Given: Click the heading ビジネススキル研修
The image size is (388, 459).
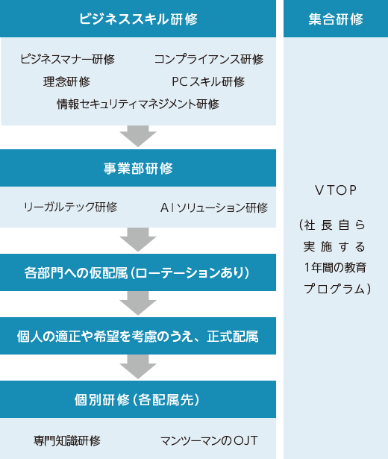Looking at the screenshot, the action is tap(138, 19).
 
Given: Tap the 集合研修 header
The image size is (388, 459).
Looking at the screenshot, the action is tap(336, 19).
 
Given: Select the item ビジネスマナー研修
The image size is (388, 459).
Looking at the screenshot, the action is tap(67, 59).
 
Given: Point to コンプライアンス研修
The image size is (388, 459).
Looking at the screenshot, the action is tap(209, 59).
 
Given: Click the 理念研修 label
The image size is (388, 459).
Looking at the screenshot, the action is tap(66, 81).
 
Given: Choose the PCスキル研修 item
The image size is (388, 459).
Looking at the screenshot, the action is tap(208, 81).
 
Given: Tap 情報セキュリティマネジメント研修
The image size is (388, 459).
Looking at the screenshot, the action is tap(138, 104).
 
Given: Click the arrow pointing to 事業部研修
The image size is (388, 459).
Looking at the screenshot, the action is tap(138, 136).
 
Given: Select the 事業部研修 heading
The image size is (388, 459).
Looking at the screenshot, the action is tap(138, 169).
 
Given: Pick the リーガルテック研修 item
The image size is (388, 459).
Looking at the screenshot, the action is tap(71, 207).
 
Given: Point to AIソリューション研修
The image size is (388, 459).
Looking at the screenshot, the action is tap(214, 207).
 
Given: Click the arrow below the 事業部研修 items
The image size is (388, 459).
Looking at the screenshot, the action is tap(138, 239).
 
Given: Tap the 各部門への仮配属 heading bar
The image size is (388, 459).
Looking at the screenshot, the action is tap(138, 272).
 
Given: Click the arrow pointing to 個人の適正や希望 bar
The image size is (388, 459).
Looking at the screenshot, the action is tap(138, 303).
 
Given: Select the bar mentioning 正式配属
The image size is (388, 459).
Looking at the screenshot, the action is tap(138, 336).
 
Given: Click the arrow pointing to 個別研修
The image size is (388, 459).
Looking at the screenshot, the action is tap(138, 366).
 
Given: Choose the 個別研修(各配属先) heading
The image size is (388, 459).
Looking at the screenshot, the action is tap(137, 399).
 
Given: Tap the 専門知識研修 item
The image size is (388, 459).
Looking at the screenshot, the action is tap(67, 440).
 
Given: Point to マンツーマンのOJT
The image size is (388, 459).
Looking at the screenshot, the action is tap(209, 440).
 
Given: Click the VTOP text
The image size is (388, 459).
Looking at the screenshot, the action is tap(336, 190).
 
